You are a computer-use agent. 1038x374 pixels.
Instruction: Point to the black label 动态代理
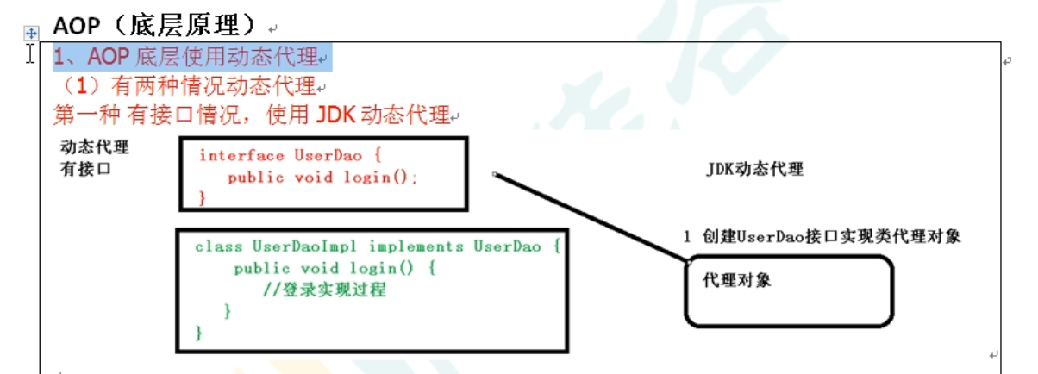tap(95, 146)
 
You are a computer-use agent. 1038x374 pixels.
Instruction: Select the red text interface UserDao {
tap(290, 155)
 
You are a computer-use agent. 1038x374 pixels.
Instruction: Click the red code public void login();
tap(322, 178)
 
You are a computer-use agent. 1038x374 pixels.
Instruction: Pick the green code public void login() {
tap(335, 268)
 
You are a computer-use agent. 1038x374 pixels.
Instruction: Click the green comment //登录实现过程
tap(324, 290)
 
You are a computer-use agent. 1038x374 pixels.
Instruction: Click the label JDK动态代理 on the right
tap(754, 169)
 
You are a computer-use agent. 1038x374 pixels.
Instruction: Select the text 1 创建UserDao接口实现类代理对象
tap(822, 236)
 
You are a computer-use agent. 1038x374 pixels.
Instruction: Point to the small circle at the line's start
tap(495, 174)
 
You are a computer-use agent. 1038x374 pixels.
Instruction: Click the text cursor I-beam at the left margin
tap(31, 54)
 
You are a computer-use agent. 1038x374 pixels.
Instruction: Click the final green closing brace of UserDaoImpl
tap(199, 332)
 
